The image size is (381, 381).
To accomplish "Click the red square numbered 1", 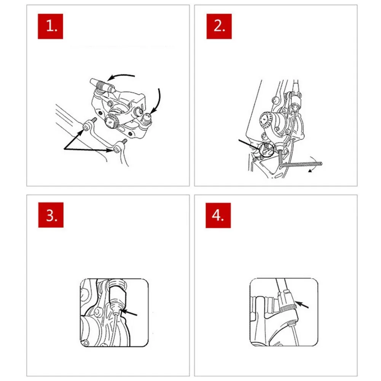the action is point(50,26).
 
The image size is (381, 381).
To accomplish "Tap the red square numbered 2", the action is point(219,26).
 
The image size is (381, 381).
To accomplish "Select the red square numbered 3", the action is point(51,215).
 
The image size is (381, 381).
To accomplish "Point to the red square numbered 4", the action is point(218,215).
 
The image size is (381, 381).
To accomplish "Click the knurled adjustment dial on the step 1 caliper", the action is point(112,121).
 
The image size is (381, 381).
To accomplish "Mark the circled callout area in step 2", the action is point(266,150).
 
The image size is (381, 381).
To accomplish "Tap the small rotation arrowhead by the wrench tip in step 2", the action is point(310,171).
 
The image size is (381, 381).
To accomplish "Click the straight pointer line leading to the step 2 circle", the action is point(249,145).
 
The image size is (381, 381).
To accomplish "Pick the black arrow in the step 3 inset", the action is point(129,313).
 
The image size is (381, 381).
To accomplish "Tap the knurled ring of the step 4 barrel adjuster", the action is point(287,309).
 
